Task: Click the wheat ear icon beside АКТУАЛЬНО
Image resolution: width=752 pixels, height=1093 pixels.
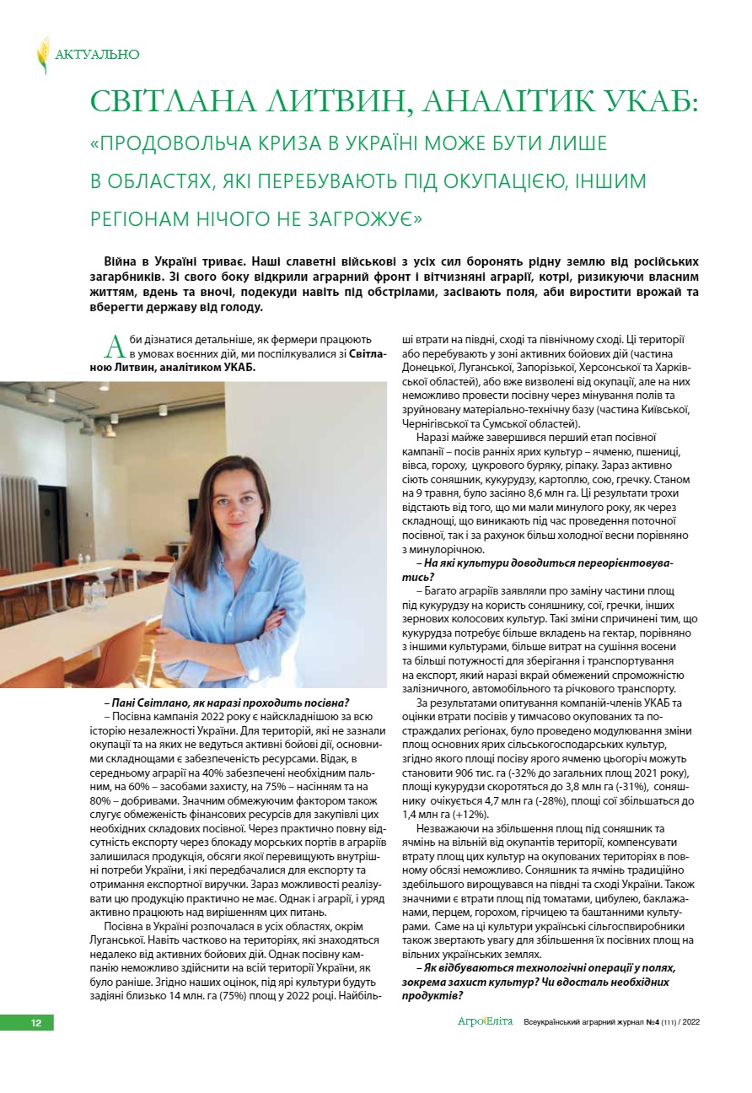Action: point(42,55)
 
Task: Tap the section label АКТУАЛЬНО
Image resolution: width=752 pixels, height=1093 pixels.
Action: point(97,55)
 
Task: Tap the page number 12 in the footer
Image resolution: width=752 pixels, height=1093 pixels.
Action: point(36,1022)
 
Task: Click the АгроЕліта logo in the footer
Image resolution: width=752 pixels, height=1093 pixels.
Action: point(485,1022)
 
